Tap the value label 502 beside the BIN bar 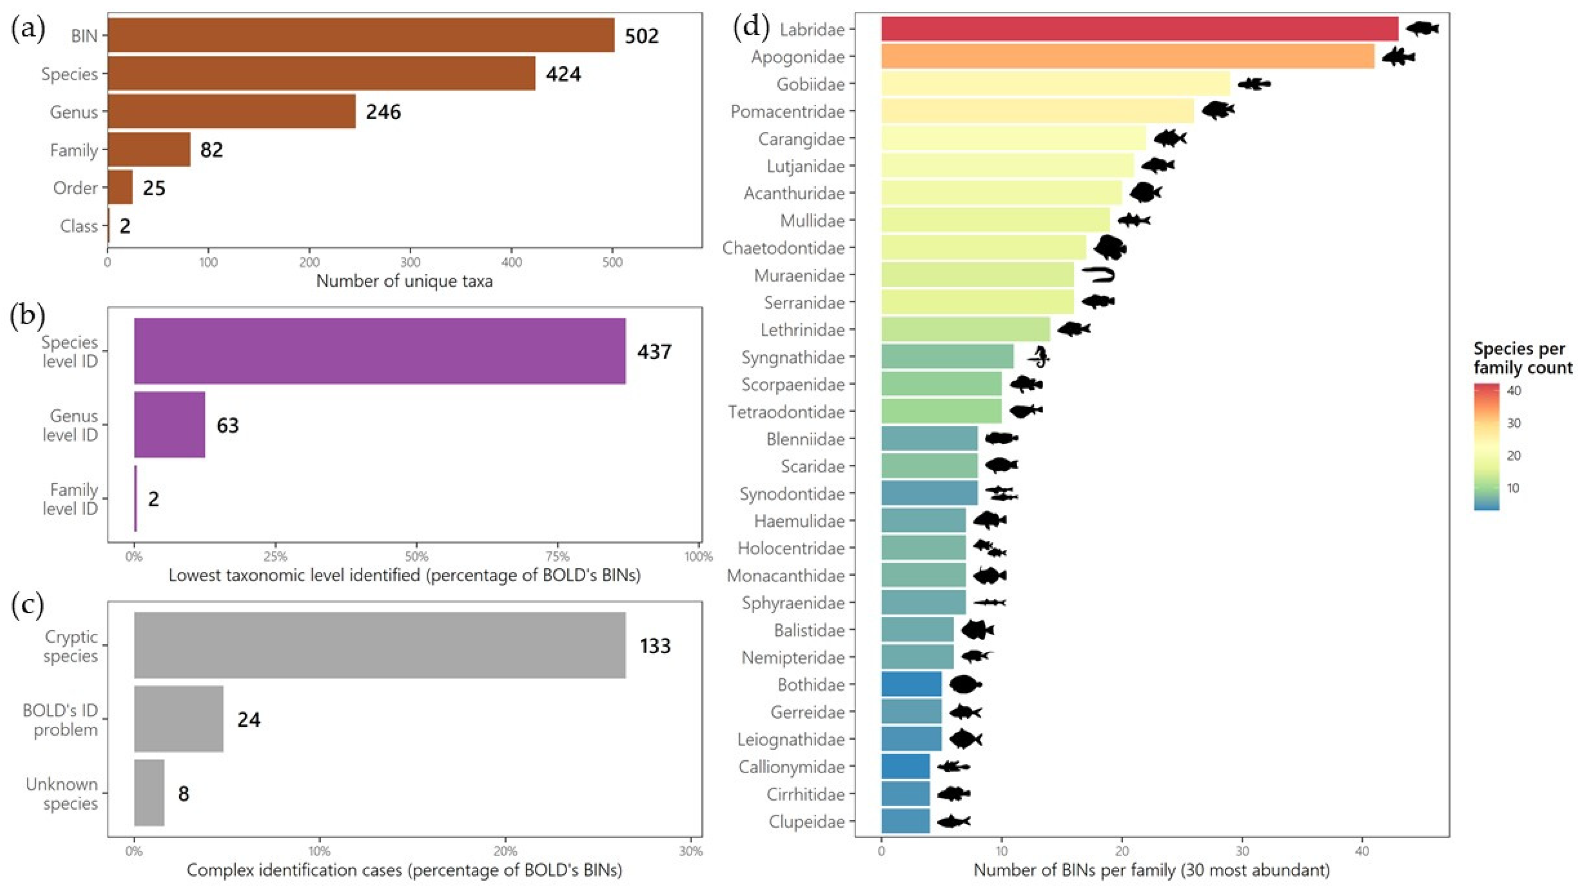(x=641, y=36)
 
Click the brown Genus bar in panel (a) (x=232, y=112)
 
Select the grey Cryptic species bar (x=380, y=646)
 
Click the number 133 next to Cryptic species (x=655, y=646)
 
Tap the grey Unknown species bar (x=149, y=793)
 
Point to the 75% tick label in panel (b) (x=557, y=557)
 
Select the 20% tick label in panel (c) (x=505, y=851)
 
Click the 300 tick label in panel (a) (x=411, y=263)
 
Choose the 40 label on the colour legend (x=1514, y=391)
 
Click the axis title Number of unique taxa (x=404, y=281)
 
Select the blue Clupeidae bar (x=905, y=821)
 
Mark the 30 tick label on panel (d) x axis (x=1242, y=851)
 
